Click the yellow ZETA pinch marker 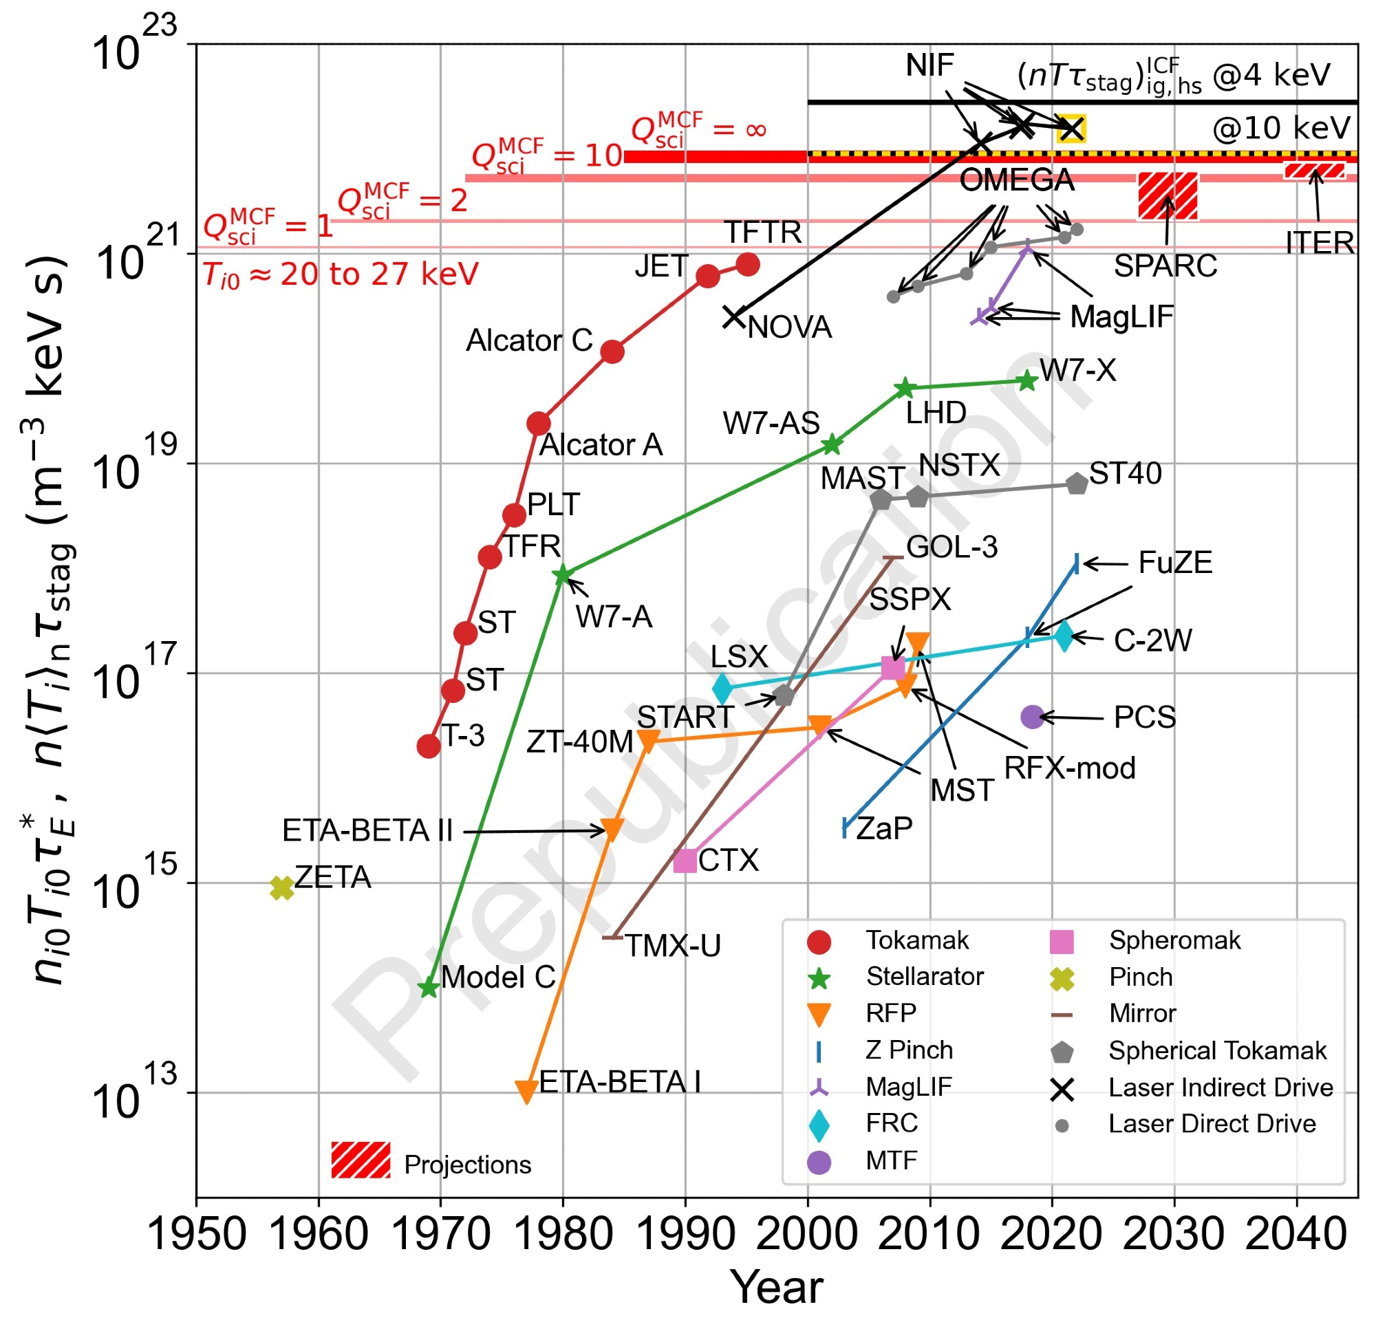281,888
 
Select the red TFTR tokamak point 749,265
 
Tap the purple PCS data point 1031,717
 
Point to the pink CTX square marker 685,861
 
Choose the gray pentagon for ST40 1077,483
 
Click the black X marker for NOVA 733,317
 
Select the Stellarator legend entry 925,977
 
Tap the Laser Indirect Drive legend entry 1220,1087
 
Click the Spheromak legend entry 1174,941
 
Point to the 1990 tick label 685,1233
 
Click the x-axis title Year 777,1288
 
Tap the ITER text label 1320,243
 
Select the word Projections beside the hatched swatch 468,1165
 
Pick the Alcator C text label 529,340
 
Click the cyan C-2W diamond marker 1064,636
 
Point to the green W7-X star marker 1027,380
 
